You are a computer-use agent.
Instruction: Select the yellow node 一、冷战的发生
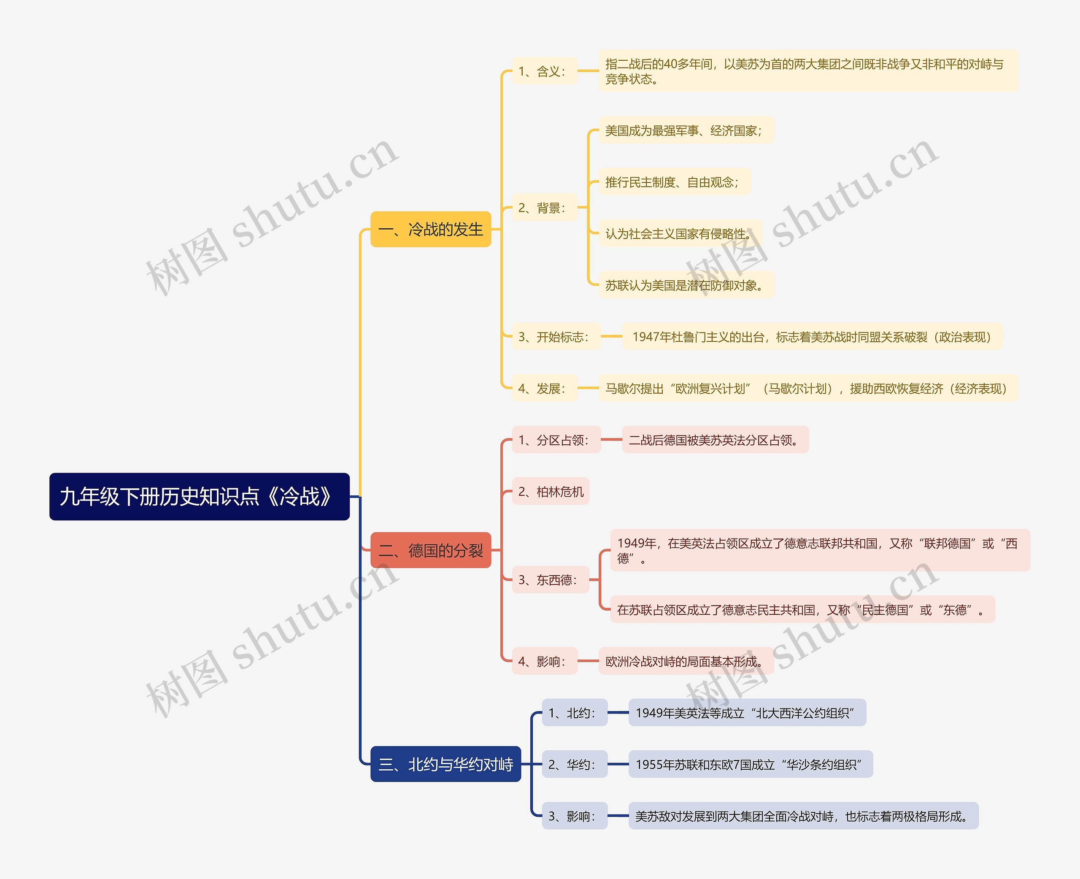[x=431, y=230]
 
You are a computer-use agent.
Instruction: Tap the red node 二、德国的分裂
[x=431, y=550]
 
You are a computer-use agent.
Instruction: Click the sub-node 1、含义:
[x=544, y=71]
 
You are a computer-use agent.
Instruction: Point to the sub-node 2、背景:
[x=544, y=207]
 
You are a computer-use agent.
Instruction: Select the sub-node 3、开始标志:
[x=556, y=336]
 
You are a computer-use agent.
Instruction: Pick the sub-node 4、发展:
[x=544, y=388]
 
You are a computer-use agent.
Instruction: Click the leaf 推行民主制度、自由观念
[x=674, y=182]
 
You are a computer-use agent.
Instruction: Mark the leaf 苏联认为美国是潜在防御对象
[x=686, y=285]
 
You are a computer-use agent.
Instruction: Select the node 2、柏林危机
[x=551, y=491]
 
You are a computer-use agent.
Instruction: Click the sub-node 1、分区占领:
[x=556, y=440]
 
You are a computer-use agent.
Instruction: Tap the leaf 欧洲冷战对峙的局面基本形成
[x=686, y=661]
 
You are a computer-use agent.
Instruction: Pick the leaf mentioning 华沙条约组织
[x=751, y=764]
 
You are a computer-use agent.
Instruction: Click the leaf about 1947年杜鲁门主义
[x=812, y=336]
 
